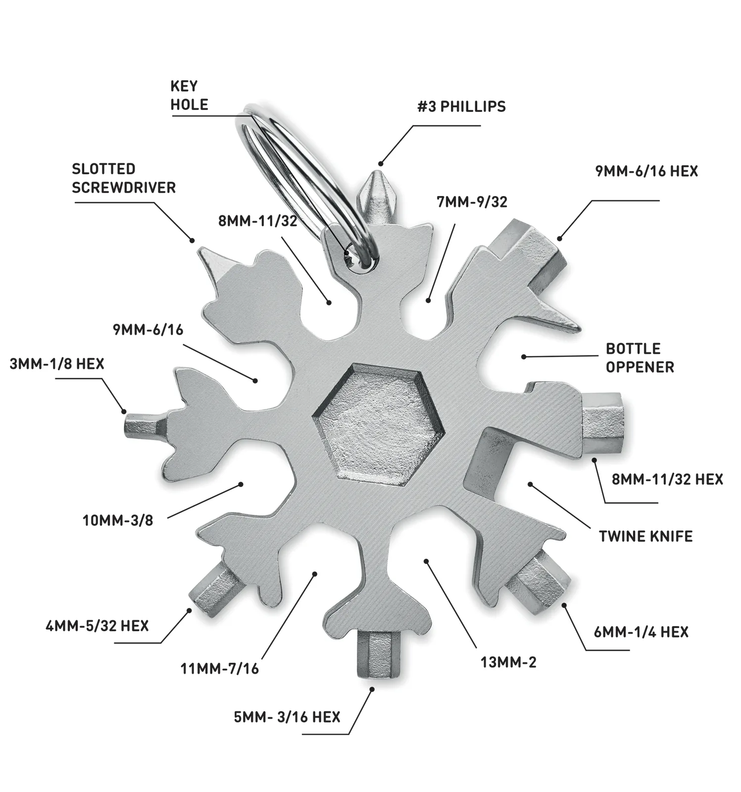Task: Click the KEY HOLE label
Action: click(x=189, y=96)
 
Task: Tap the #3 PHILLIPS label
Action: click(x=461, y=106)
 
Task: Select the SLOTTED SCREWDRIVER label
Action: click(x=124, y=178)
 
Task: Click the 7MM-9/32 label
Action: click(x=472, y=202)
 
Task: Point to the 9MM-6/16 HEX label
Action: click(x=646, y=171)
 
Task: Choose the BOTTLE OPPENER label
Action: click(x=640, y=358)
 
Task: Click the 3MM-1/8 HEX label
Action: click(x=57, y=364)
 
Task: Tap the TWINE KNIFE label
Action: click(x=645, y=536)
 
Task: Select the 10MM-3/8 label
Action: click(x=118, y=520)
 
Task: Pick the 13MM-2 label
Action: click(x=508, y=662)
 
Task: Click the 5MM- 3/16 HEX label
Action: click(x=287, y=717)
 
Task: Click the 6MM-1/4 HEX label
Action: click(x=641, y=632)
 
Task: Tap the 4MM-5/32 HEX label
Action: click(x=97, y=626)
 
